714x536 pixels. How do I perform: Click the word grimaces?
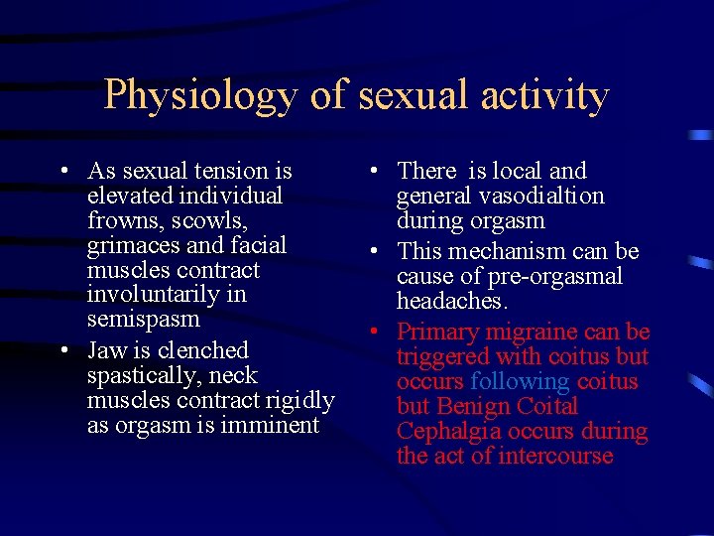click(133, 245)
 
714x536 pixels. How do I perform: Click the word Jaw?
click(105, 350)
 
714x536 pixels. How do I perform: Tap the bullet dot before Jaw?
click(62, 351)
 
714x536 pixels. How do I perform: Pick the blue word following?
click(520, 381)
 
